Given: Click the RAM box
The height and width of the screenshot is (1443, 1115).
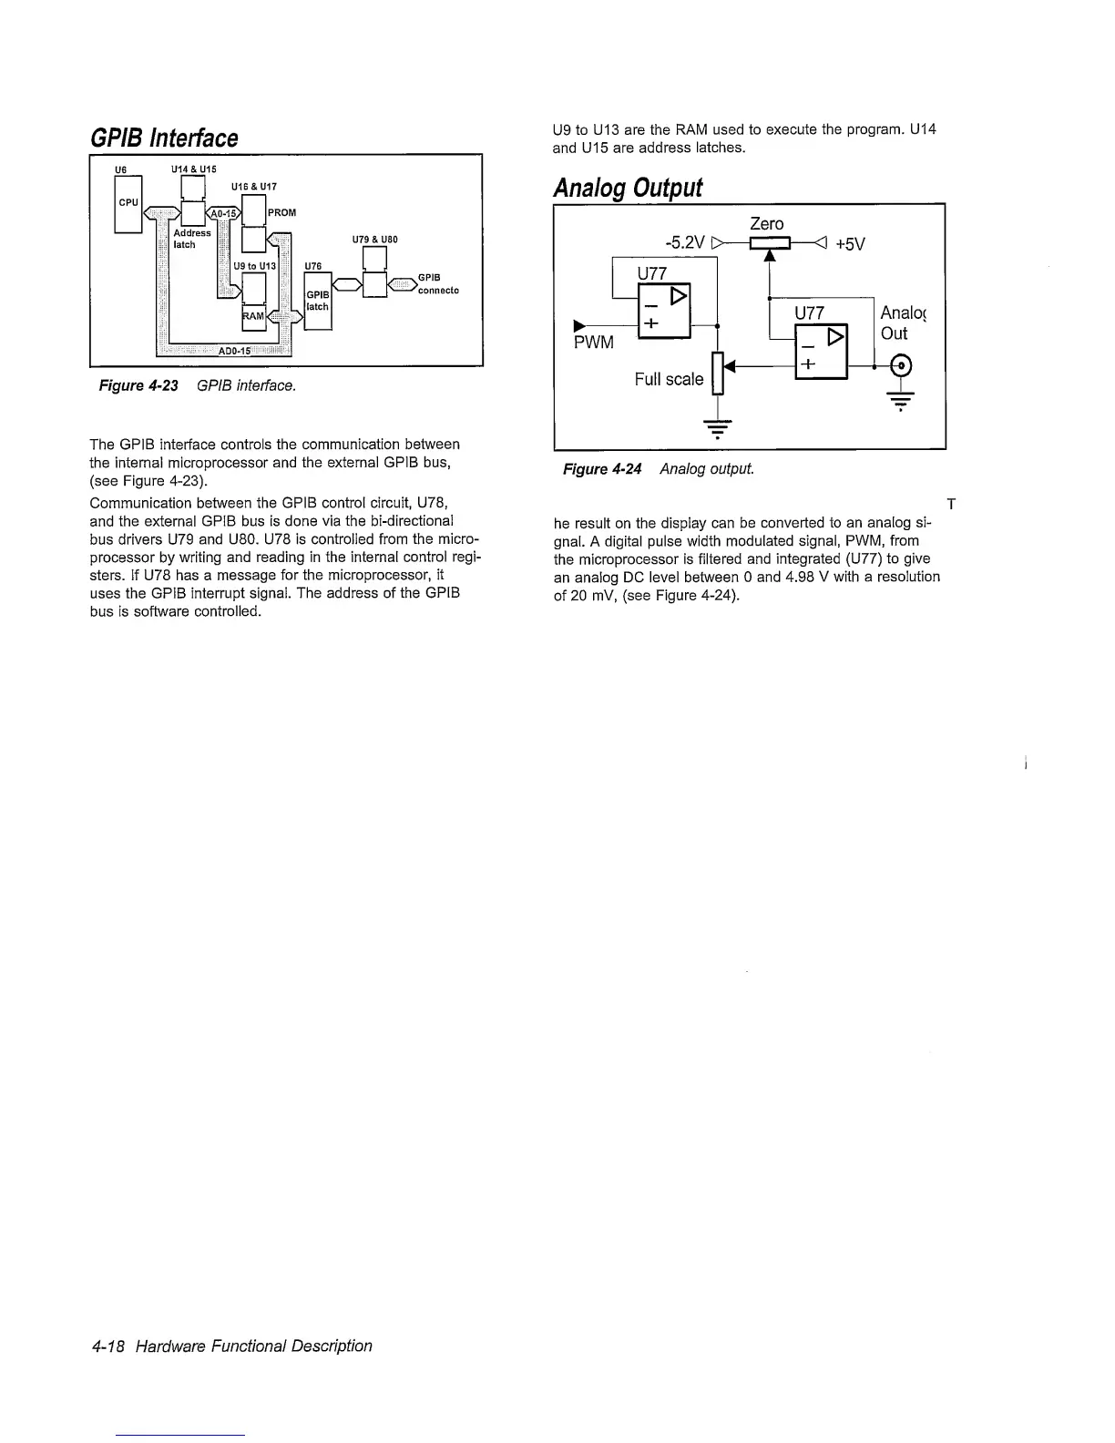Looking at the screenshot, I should point(253,315).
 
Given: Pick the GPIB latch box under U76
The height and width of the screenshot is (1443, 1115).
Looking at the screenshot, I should point(317,300).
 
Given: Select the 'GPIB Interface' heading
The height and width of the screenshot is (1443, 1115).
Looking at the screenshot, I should point(163,138).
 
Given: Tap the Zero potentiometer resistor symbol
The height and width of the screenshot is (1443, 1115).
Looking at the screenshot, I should point(770,243).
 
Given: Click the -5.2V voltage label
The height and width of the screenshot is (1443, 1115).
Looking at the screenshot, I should point(684,243).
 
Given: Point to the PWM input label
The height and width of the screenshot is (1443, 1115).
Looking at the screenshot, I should point(593,343).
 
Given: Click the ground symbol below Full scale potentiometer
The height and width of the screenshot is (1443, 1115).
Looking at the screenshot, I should point(718,427).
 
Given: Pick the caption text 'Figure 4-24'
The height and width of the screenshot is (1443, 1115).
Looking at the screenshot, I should point(601,469).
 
